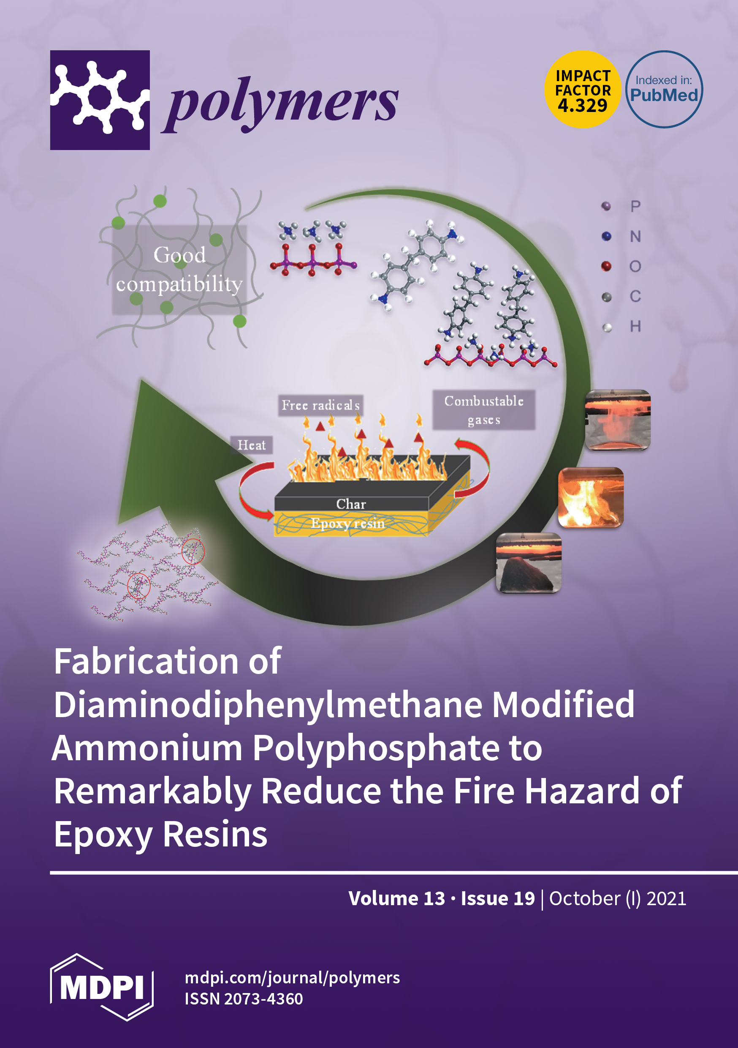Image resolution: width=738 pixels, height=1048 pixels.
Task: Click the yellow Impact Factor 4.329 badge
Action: [x=583, y=90]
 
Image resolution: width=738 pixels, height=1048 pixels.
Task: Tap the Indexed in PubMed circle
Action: [x=664, y=90]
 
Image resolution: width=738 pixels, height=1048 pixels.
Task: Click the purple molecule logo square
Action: [x=100, y=100]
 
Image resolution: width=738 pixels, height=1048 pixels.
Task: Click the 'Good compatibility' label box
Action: [x=179, y=269]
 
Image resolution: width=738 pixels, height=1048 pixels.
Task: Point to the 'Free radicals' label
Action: [x=320, y=405]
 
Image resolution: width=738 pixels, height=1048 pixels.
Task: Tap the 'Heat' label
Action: [x=251, y=445]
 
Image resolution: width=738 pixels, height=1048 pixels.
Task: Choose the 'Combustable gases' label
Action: [x=483, y=410]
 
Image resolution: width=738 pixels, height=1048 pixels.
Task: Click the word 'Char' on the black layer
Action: [x=351, y=504]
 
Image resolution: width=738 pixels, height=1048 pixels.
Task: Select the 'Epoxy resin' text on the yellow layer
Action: [x=347, y=523]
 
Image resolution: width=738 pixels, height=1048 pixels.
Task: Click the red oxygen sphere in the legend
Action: [x=606, y=266]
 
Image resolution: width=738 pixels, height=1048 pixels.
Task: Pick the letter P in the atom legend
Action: [x=635, y=206]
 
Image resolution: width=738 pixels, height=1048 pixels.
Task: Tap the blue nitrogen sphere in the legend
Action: [x=606, y=236]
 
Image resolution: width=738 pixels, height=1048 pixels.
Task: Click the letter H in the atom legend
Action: [x=635, y=326]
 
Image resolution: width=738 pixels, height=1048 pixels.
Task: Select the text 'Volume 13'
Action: [x=396, y=898]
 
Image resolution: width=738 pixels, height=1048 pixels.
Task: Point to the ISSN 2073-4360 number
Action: [x=244, y=999]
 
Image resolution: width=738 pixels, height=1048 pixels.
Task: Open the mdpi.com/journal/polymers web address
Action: [x=292, y=978]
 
